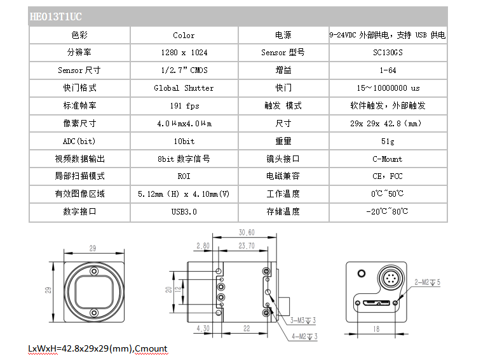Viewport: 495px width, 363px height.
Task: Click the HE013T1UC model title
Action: [55, 16]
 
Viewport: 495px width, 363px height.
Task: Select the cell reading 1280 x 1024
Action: [184, 52]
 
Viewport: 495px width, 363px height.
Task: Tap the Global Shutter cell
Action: [184, 88]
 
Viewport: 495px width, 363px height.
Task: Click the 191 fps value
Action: [184, 105]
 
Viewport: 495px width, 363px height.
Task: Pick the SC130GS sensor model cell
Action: [388, 52]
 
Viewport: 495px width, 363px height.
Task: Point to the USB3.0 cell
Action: [184, 211]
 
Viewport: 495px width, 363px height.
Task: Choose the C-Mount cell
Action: [388, 159]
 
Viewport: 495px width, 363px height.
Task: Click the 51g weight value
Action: [388, 142]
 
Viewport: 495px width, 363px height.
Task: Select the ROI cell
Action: [184, 176]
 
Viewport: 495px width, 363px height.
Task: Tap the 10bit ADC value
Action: [184, 142]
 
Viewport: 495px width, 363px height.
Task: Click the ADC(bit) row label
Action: [79, 142]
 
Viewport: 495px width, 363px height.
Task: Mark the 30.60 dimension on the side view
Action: [247, 232]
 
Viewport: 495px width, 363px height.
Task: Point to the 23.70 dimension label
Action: [247, 246]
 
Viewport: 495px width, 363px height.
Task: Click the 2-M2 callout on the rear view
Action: [427, 282]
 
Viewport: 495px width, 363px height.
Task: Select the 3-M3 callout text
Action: [303, 320]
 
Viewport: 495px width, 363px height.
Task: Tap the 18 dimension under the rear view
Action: [376, 329]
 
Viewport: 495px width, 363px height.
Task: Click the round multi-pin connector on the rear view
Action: [391, 279]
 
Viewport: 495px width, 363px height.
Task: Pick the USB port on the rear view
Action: [376, 303]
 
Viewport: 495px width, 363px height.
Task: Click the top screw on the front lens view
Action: [94, 271]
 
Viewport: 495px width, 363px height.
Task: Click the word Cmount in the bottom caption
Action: [151, 349]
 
